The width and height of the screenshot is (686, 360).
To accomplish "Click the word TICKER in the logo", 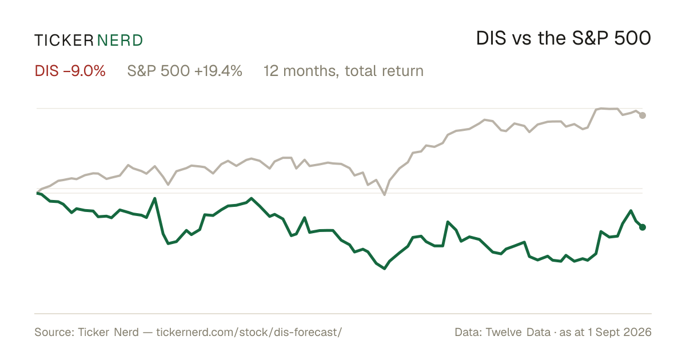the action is tap(64, 41).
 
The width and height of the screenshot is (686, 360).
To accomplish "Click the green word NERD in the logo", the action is tap(120, 41).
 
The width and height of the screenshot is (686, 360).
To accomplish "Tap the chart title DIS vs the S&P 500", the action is tap(564, 38).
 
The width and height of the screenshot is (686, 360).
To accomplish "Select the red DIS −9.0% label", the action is tap(70, 71).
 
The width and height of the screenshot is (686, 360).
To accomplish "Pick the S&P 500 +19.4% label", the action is tap(185, 71).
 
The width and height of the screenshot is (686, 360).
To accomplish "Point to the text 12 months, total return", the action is tap(344, 71).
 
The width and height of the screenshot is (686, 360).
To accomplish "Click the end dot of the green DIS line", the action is tap(643, 227).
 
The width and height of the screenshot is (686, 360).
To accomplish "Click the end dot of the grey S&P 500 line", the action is tap(643, 115).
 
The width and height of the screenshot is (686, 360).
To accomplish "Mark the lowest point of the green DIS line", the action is tap(384, 269).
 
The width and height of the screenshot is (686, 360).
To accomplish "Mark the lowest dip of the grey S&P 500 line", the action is tap(384, 194).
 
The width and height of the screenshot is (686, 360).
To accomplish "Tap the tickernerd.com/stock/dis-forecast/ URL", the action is tap(249, 332).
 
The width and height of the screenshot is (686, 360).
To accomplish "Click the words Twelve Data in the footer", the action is tap(518, 332).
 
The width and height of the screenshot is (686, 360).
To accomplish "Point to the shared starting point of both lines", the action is tap(37, 193).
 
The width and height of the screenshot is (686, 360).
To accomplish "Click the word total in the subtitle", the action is tap(361, 71).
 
